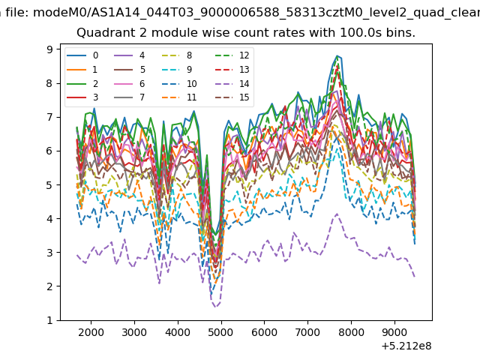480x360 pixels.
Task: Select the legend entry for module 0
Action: tap(82, 55)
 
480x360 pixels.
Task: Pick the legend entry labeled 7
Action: tap(129, 97)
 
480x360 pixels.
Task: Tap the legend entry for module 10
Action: tap(178, 83)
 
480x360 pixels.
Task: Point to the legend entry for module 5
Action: tap(130, 70)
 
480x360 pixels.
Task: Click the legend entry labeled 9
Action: tap(177, 70)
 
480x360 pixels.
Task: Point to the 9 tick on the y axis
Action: tap(49, 49)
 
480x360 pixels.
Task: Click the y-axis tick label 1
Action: tap(49, 320)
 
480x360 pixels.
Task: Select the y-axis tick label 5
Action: tap(49, 185)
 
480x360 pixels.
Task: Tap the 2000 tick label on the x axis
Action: tap(91, 332)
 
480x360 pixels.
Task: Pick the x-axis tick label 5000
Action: tap(221, 332)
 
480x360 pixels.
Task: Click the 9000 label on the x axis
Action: tap(394, 332)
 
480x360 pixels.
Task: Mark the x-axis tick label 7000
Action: tap(307, 332)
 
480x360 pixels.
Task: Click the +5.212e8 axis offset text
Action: tap(406, 346)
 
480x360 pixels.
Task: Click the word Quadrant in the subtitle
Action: tap(103, 32)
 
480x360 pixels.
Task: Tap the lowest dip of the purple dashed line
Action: tap(215, 307)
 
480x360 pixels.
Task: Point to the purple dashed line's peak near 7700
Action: tap(337, 214)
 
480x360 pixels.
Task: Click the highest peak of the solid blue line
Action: tap(337, 55)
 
